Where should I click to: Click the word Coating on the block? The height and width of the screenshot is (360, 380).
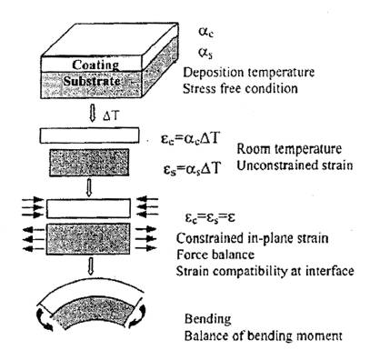click(95, 65)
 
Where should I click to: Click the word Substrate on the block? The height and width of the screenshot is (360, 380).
click(92, 81)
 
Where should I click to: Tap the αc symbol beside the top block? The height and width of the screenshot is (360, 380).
click(206, 32)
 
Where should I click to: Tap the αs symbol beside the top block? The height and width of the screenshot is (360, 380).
click(205, 53)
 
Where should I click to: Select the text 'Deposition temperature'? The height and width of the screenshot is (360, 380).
click(249, 73)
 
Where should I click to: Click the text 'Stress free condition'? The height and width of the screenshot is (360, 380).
click(240, 89)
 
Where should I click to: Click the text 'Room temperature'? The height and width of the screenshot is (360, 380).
click(289, 149)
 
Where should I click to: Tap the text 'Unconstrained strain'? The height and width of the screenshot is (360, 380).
click(295, 165)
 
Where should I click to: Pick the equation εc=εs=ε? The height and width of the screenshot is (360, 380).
click(211, 218)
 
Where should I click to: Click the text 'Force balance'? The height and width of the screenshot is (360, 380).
click(215, 255)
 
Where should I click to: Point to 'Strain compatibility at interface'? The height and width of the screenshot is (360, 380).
click(265, 271)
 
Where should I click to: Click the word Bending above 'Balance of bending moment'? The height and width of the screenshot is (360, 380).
click(208, 319)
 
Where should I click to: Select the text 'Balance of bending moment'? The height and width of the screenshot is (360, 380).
click(264, 336)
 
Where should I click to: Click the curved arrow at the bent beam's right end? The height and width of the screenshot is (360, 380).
click(139, 315)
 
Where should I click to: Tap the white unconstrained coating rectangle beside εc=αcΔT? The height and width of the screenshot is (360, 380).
click(90, 135)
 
